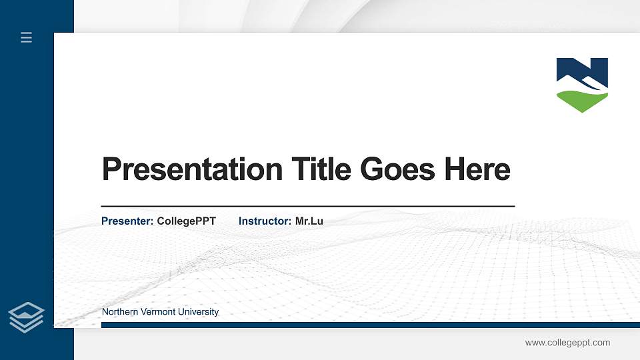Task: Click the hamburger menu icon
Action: click(27, 38)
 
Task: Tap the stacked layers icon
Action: click(27, 317)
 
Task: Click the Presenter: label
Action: click(127, 221)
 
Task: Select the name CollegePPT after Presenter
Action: click(186, 221)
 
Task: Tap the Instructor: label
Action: click(265, 221)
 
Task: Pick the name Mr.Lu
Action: click(309, 221)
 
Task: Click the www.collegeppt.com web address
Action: click(567, 343)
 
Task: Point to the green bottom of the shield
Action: click(581, 102)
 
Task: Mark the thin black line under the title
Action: click(307, 207)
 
